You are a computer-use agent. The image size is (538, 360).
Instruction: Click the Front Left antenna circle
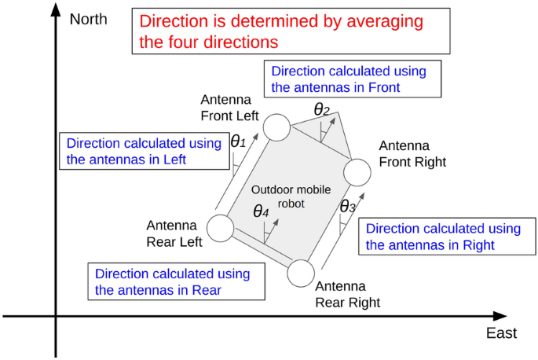[x=276, y=127]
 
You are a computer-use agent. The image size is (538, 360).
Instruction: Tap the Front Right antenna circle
[x=357, y=172]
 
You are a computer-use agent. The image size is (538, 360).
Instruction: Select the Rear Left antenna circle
[x=221, y=228]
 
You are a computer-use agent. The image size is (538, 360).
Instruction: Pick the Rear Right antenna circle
[x=302, y=274]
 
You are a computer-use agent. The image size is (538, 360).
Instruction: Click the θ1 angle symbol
[x=238, y=142]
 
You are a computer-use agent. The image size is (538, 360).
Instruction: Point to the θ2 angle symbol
[x=321, y=110]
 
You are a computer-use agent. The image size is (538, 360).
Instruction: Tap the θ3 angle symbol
[x=347, y=207]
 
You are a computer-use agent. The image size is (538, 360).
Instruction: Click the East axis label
[x=501, y=333]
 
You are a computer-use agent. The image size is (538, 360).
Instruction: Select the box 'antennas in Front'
[x=353, y=79]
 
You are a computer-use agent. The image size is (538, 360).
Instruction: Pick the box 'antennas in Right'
[x=443, y=237]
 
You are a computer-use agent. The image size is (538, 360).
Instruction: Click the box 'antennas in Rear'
[x=171, y=281]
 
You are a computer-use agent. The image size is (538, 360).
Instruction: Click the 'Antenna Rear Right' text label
[x=347, y=295]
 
